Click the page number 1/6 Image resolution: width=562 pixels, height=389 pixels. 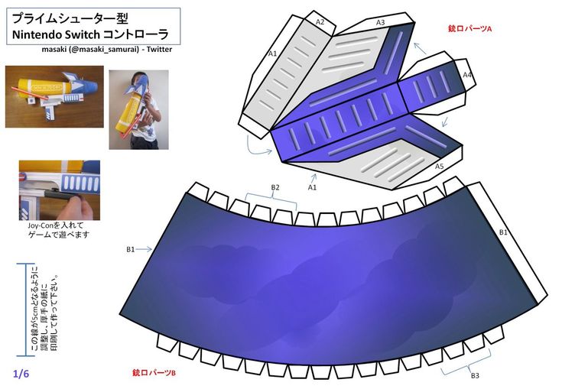coord(21,374)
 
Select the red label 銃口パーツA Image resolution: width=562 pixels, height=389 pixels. coord(469,28)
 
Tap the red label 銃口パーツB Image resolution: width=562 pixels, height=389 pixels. coord(154,373)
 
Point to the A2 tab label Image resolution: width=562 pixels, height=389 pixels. coord(320,22)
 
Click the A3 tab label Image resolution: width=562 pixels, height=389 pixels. coord(380,22)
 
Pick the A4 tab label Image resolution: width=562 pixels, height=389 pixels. coord(467,75)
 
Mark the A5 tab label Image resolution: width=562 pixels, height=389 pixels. coord(439,166)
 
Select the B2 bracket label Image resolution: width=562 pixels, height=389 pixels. coord(275,187)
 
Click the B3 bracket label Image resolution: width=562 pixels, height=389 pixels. coord(475,376)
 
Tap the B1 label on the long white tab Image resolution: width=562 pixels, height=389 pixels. coord(503,232)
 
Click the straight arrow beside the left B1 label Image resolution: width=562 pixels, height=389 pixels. coord(145,249)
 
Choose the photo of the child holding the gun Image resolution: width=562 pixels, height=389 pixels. coord(138,109)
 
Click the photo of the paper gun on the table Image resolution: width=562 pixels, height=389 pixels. coord(54,97)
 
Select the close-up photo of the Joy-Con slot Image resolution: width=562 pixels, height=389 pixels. coord(60,190)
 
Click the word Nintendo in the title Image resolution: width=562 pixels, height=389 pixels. coord(36,34)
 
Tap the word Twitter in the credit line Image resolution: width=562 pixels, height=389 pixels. coord(159,50)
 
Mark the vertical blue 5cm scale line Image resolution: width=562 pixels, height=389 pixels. coord(25,310)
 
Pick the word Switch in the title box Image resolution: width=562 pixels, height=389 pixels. coord(82,34)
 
